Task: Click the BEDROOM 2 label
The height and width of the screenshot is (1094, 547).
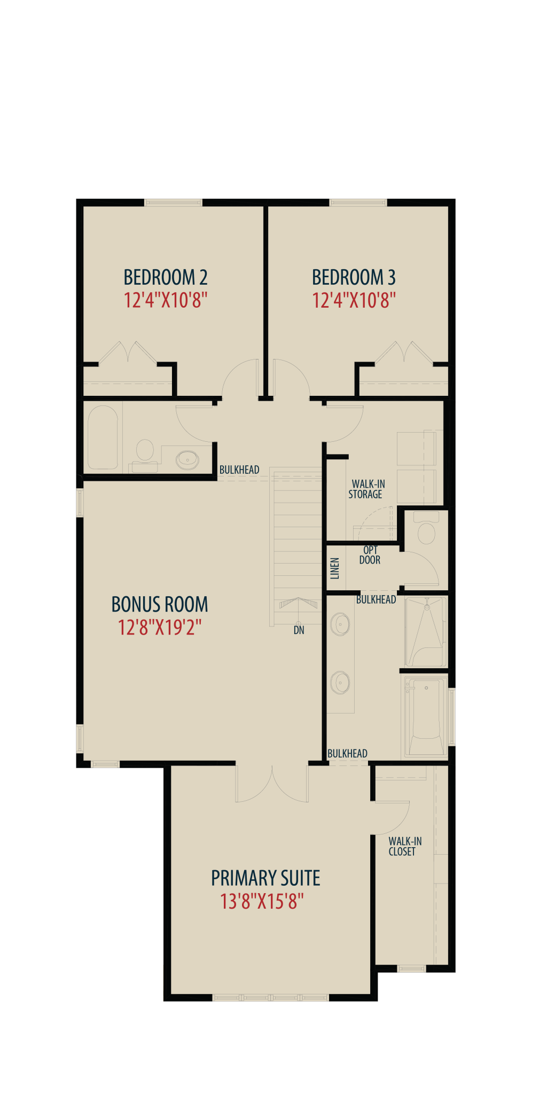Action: click(x=166, y=277)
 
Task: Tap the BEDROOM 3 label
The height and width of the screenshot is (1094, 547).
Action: click(x=354, y=277)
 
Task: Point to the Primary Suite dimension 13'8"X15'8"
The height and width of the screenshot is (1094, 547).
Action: click(x=262, y=902)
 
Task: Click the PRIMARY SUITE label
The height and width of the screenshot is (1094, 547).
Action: click(x=265, y=878)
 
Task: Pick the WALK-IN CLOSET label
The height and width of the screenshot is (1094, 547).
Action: click(x=405, y=846)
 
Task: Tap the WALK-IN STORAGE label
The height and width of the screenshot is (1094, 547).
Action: click(x=366, y=489)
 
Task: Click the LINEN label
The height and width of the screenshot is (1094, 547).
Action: click(x=335, y=568)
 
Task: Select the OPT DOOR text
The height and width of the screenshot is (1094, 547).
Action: click(x=370, y=555)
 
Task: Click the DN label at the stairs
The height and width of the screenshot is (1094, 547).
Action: click(x=299, y=630)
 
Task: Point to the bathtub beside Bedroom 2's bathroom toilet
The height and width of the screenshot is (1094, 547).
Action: click(x=103, y=437)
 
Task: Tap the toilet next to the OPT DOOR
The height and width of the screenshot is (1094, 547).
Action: click(x=426, y=527)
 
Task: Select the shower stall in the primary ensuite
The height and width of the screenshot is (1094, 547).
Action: click(x=425, y=631)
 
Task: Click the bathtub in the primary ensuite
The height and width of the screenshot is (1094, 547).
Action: click(x=426, y=716)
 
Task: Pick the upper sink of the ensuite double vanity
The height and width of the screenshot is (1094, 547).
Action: click(x=340, y=624)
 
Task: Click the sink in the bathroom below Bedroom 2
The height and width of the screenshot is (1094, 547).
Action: click(x=187, y=458)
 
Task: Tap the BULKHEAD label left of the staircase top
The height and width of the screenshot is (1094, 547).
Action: click(x=239, y=470)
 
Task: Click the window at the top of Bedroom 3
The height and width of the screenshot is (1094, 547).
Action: click(x=358, y=202)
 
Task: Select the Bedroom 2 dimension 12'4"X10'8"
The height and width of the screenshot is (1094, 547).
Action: click(x=166, y=300)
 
